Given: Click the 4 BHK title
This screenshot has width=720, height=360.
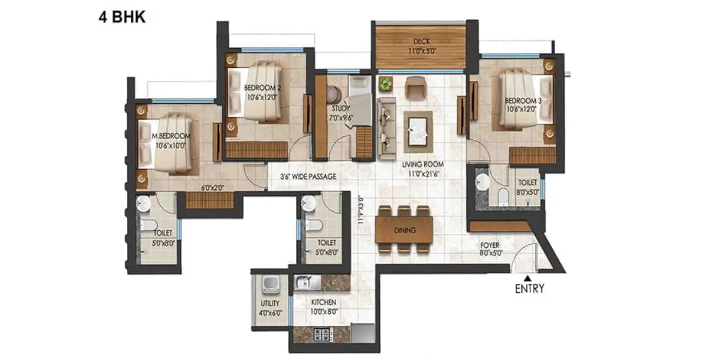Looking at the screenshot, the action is [122, 17].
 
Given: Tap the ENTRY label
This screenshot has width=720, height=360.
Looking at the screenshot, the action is [529, 289].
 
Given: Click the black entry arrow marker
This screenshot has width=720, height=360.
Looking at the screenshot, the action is [527, 278].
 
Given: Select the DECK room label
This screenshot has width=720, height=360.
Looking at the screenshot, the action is [421, 41].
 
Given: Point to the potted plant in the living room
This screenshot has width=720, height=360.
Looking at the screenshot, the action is [385, 84].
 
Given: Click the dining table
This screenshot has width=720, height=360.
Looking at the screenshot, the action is [404, 230].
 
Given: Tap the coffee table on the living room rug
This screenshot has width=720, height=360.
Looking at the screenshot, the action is [418, 131].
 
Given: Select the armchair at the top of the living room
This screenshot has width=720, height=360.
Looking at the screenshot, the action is [416, 87].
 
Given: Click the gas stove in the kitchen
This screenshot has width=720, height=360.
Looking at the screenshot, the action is [322, 335].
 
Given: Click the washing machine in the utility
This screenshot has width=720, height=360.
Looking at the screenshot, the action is [271, 285].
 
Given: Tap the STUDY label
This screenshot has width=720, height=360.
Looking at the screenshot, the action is [341, 109].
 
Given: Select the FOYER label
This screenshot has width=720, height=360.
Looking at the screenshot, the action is [490, 245].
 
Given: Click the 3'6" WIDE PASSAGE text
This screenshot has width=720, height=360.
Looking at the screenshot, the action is [308, 176].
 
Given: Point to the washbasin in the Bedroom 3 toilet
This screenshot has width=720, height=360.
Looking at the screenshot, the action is [482, 182].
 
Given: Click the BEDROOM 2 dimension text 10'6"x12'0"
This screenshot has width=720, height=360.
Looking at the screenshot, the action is [262, 97].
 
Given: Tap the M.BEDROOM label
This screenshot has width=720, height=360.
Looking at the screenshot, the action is [171, 136].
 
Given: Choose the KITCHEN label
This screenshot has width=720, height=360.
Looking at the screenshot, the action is [323, 302].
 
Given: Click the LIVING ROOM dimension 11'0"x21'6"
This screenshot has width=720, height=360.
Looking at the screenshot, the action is [424, 174].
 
